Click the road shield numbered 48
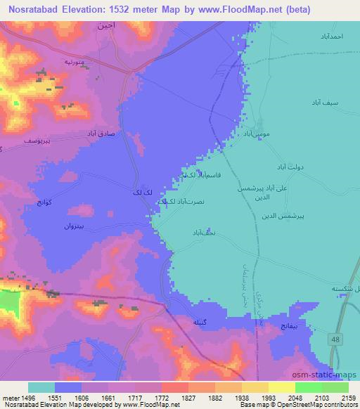[335, 339]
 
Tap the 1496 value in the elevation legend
[27, 397]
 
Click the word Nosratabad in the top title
[36, 10]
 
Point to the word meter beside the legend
[10, 397]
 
